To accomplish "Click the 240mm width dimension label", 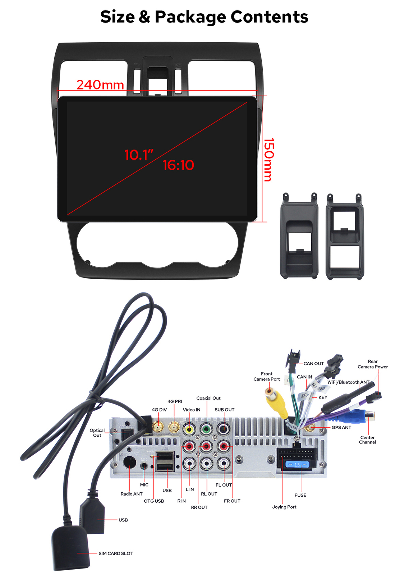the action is [x=100, y=85].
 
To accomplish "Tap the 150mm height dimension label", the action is [x=269, y=160].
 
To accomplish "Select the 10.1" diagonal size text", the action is [x=139, y=155].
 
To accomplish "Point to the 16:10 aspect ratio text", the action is [x=178, y=165].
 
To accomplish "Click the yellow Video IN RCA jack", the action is [x=189, y=429].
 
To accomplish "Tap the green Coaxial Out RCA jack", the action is [x=206, y=429].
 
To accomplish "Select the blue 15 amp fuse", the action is [x=297, y=465].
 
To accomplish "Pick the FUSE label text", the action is [x=300, y=495].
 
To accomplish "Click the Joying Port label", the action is [x=284, y=507].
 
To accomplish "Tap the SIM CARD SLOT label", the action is [x=116, y=553].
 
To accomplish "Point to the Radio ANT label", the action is [x=132, y=494].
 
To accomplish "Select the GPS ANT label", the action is [x=341, y=427].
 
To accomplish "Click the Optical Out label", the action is [x=97, y=433].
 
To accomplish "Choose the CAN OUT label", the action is [x=313, y=363].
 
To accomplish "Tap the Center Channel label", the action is [x=367, y=440].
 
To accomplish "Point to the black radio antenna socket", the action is [x=130, y=462].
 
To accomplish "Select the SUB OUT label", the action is [x=224, y=410].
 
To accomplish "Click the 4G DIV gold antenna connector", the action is [x=158, y=427].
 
